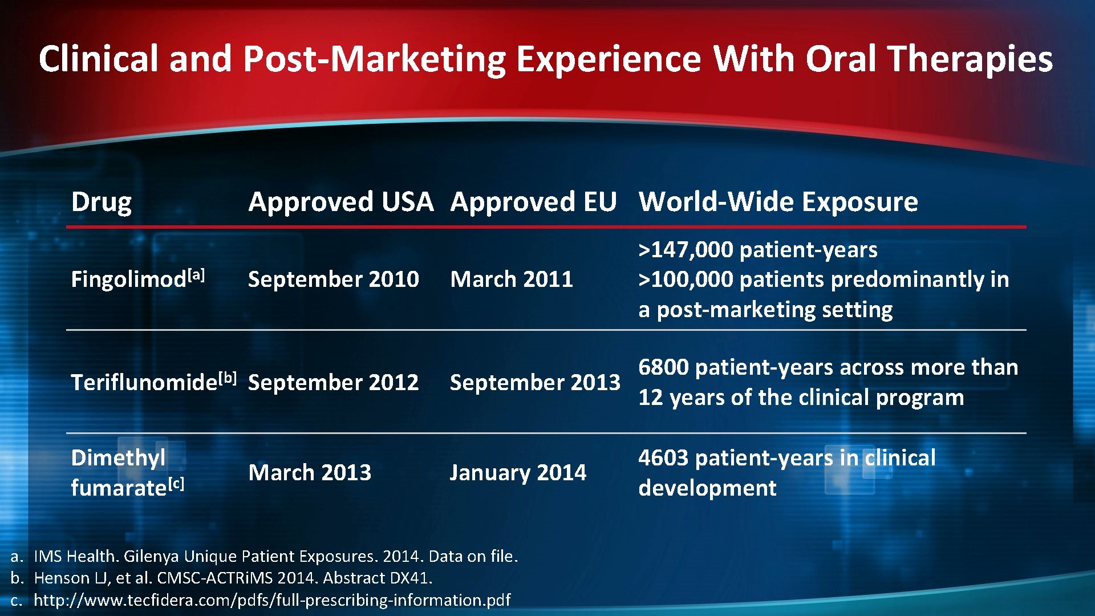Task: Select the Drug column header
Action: pyautogui.click(x=102, y=202)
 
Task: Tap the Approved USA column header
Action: pyautogui.click(x=340, y=202)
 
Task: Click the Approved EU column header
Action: pyautogui.click(x=533, y=202)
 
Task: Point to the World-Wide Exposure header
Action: pyautogui.click(x=778, y=202)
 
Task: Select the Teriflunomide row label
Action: pyautogui.click(x=144, y=382)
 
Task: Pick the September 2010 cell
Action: pyautogui.click(x=333, y=279)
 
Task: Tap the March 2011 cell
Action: pyautogui.click(x=511, y=279)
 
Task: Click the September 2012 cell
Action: pyautogui.click(x=333, y=382)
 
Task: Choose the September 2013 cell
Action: pyautogui.click(x=534, y=382)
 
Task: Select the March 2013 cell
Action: pyautogui.click(x=310, y=473)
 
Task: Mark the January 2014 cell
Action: pyautogui.click(x=517, y=473)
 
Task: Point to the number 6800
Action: pyautogui.click(x=663, y=367)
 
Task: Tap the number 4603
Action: pyautogui.click(x=663, y=458)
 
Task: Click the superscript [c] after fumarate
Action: pyautogui.click(x=176, y=484)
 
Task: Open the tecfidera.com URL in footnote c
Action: pyautogui.click(x=272, y=600)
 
